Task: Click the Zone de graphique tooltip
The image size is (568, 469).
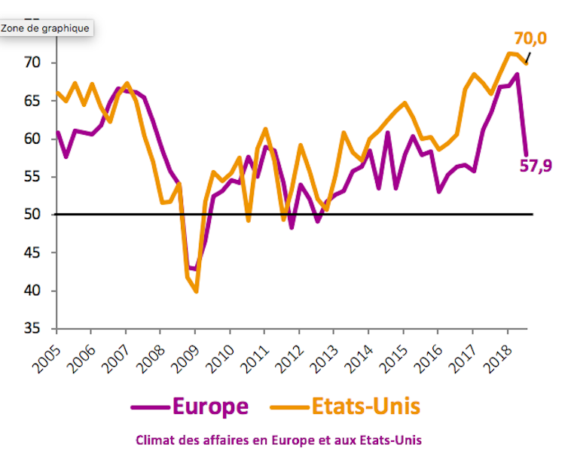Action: [46, 29]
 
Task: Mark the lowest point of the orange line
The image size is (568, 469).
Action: [196, 291]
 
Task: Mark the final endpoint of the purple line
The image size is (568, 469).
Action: [525, 154]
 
